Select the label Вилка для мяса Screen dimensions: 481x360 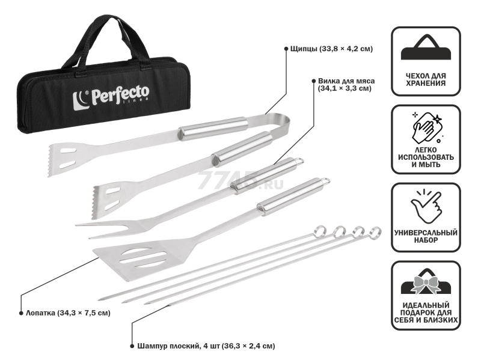pyautogui.click(x=346, y=81)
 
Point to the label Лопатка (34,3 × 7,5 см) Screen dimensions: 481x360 pyautogui.click(x=68, y=313)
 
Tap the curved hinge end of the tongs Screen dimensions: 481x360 pyautogui.click(x=281, y=123)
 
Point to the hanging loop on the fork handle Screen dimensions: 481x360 pyautogui.click(x=299, y=161)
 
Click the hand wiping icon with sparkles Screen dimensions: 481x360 pyautogui.click(x=427, y=128)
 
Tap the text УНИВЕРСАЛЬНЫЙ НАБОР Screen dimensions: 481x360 pyautogui.click(x=426, y=236)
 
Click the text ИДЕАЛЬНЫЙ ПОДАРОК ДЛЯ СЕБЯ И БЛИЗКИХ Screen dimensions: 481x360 pyautogui.click(x=426, y=313)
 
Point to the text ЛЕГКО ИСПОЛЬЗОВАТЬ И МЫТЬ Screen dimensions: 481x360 pyautogui.click(x=426, y=157)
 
